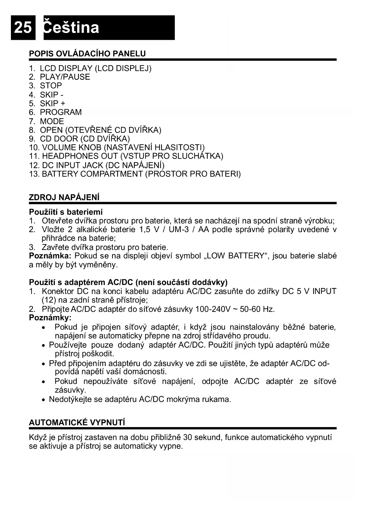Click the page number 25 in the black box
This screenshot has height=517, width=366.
(23, 28)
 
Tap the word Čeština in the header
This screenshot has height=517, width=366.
(71, 28)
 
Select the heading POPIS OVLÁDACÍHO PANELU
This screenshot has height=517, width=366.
(87, 54)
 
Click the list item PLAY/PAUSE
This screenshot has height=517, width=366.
(65, 77)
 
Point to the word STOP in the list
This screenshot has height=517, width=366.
(51, 86)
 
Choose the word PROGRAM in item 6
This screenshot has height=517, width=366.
(61, 112)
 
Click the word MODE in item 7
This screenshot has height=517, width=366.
(52, 121)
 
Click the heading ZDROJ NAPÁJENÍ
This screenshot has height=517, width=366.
(64, 197)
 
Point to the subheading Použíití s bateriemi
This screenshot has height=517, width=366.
(66, 212)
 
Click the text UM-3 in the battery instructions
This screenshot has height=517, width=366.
(179, 230)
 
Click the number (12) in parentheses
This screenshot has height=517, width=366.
(47, 300)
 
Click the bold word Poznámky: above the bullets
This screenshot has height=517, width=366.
(50, 318)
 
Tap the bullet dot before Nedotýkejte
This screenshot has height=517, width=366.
(44, 400)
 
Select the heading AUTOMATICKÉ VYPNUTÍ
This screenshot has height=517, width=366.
(77, 423)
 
